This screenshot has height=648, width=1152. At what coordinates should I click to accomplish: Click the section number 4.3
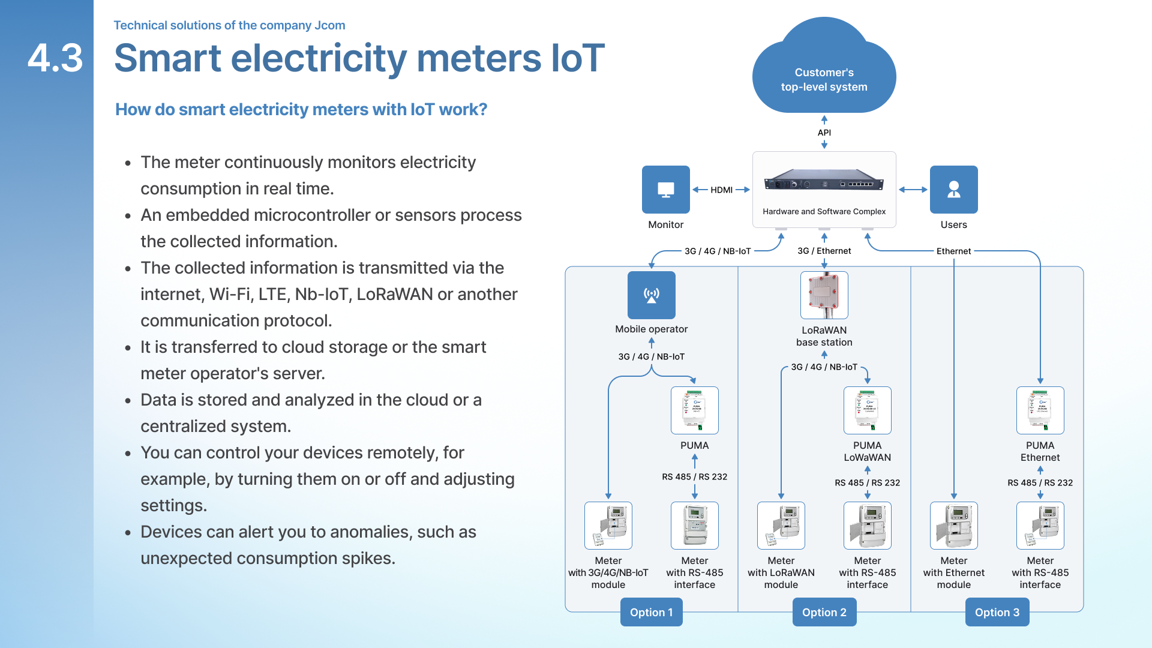pyautogui.click(x=55, y=58)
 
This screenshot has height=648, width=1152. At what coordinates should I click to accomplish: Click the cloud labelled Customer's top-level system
pyautogui.click(x=824, y=72)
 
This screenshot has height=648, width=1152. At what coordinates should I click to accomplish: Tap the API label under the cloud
pyautogui.click(x=824, y=133)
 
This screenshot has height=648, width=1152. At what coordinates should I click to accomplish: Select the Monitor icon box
pyautogui.click(x=665, y=190)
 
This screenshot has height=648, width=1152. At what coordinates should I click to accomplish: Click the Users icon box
pyautogui.click(x=953, y=190)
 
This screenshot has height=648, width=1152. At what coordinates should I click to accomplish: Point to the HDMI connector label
pyautogui.click(x=721, y=190)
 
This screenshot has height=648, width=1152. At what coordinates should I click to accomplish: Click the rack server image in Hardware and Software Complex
pyautogui.click(x=824, y=181)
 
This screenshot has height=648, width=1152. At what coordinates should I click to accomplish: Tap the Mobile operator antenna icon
pyautogui.click(x=651, y=295)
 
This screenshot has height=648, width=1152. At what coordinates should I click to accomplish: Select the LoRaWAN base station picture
pyautogui.click(x=824, y=295)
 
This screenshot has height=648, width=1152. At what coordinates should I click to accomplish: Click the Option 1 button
pyautogui.click(x=651, y=612)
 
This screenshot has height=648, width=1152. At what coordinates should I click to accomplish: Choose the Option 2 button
pyautogui.click(x=824, y=612)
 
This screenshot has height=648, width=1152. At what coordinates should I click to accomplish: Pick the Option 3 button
pyautogui.click(x=997, y=612)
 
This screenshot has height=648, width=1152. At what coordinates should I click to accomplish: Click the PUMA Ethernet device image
pyautogui.click(x=1040, y=410)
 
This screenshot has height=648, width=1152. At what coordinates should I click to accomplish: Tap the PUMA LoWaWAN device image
pyautogui.click(x=867, y=410)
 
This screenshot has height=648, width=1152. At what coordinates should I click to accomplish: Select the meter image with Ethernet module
pyautogui.click(x=953, y=526)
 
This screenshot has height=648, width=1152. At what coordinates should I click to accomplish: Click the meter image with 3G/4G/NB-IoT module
pyautogui.click(x=608, y=526)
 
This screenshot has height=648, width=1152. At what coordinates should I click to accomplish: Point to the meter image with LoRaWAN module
pyautogui.click(x=781, y=526)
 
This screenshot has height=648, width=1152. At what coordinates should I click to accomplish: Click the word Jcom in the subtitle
pyautogui.click(x=330, y=25)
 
